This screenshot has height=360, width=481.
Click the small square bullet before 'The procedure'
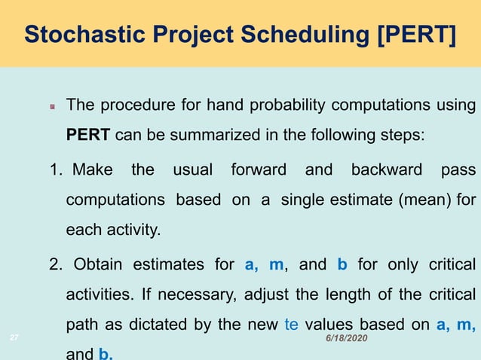[x=53, y=107]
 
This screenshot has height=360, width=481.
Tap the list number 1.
[x=56, y=170]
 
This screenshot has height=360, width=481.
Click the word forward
[x=257, y=170]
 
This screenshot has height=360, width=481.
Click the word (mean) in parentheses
[x=428, y=200]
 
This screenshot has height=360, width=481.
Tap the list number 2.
[x=57, y=264]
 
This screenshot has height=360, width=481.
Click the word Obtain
[x=99, y=264]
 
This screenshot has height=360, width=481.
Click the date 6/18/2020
[x=346, y=341]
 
